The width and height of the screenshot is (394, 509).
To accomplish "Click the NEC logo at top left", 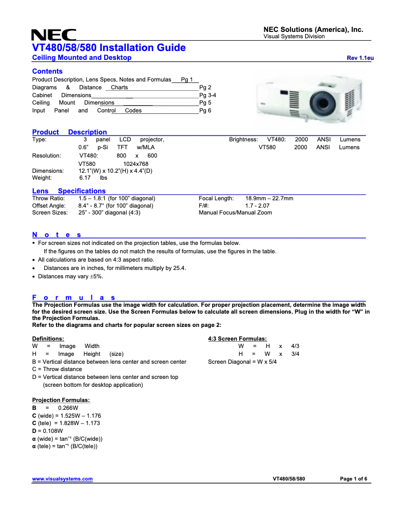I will click(x=54, y=35).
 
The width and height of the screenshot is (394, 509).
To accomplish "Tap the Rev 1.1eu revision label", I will click(x=360, y=58).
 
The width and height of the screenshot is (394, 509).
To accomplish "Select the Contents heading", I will click(x=47, y=71).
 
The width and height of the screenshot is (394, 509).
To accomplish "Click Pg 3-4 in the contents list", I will click(x=208, y=95).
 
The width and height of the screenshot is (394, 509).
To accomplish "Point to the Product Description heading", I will click(x=69, y=132).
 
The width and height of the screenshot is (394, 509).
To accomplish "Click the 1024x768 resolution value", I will click(x=136, y=164).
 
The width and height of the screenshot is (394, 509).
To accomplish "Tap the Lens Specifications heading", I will click(x=69, y=191).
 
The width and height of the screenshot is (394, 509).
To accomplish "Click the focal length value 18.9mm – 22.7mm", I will click(x=269, y=198).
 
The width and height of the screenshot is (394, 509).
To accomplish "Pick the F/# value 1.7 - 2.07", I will click(x=257, y=206).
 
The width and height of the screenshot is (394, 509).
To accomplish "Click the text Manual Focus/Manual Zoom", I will click(x=235, y=213).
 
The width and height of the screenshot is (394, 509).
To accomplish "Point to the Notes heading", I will click(x=56, y=235).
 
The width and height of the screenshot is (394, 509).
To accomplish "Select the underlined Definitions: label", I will click(x=48, y=339).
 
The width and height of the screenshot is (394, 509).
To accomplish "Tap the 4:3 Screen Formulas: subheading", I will click(x=237, y=339).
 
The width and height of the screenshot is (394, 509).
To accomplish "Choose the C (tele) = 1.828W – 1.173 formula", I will click(x=66, y=423).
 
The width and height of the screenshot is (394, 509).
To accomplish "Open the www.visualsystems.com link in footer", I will click(x=62, y=479).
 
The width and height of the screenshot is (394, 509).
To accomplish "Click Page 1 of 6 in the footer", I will click(x=353, y=479).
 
